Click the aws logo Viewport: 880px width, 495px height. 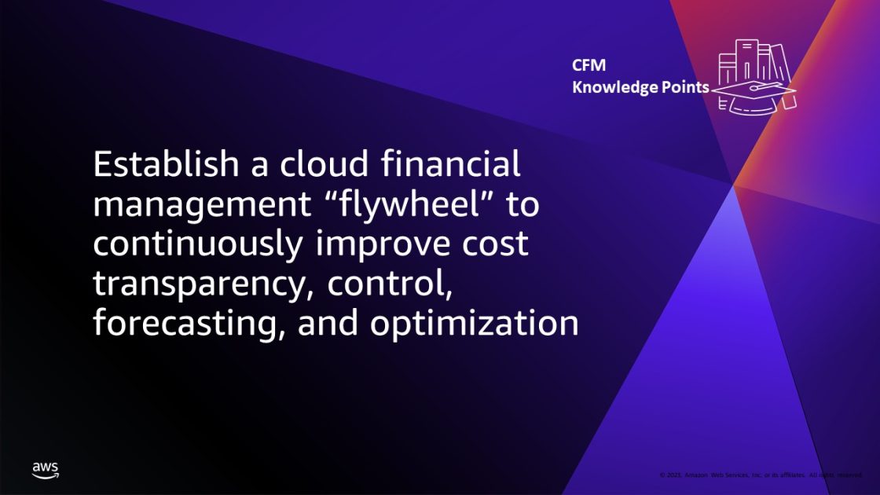click(46, 470)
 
